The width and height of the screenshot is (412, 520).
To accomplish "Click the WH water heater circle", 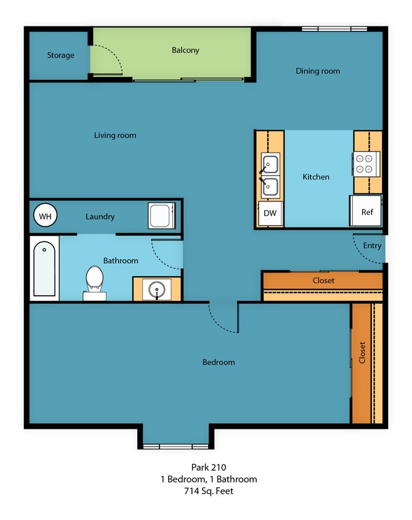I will pos(44,216).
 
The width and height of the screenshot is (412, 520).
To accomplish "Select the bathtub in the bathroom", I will pos(44,269).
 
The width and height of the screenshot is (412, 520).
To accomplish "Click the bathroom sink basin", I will pos(157,289).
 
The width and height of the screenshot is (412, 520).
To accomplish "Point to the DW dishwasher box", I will pos(270,213).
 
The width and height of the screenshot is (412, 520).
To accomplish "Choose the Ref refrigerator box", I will pos(366,211).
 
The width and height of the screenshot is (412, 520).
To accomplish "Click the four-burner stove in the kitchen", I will pos(366,163).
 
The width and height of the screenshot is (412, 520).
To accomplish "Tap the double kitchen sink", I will pos(270,175).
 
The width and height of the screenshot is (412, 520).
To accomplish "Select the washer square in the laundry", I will pos(161,216).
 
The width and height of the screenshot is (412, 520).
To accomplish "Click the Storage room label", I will pos(60,55).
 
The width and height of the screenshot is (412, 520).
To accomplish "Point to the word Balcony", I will pos(185,50).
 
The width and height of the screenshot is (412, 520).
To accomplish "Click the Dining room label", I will pos(318,71).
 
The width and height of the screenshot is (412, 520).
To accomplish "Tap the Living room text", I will pos(115,135).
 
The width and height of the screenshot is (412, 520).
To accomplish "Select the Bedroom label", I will pos(219,362).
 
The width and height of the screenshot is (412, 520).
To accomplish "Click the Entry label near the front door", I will pos(372,245).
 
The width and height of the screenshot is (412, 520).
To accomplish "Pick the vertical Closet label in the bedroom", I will pos(362,352).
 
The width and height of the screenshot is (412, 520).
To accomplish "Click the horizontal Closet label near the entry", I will pos(323,280).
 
